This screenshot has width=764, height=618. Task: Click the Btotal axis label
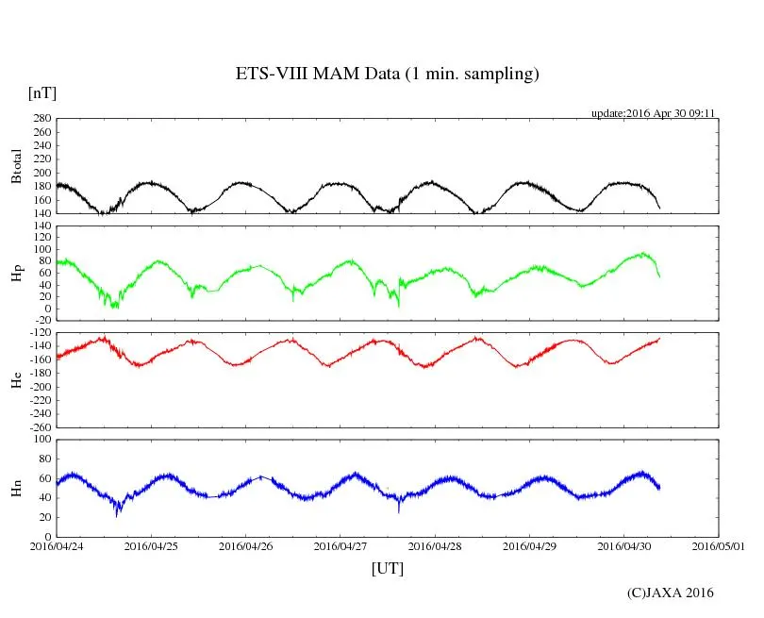pyautogui.click(x=16, y=165)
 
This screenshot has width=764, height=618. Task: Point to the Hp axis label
pyautogui.click(x=16, y=274)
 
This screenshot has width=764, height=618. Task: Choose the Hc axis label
pyautogui.click(x=16, y=379)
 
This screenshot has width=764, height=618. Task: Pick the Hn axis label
pyautogui.click(x=16, y=488)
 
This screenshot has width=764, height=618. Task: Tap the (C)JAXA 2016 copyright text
pyautogui.click(x=671, y=593)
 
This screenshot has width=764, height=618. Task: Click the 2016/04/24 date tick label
pyautogui.click(x=57, y=545)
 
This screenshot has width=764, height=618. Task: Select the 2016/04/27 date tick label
pyautogui.click(x=340, y=545)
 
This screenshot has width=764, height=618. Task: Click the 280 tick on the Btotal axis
pyautogui.click(x=42, y=119)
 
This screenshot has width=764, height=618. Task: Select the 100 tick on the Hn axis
pyautogui.click(x=42, y=439)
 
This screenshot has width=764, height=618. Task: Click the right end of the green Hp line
pyautogui.click(x=659, y=276)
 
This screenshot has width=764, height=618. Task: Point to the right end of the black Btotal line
pyautogui.click(x=659, y=208)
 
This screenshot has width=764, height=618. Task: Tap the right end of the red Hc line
pyautogui.click(x=659, y=338)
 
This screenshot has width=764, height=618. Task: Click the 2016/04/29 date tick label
pyautogui.click(x=529, y=545)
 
